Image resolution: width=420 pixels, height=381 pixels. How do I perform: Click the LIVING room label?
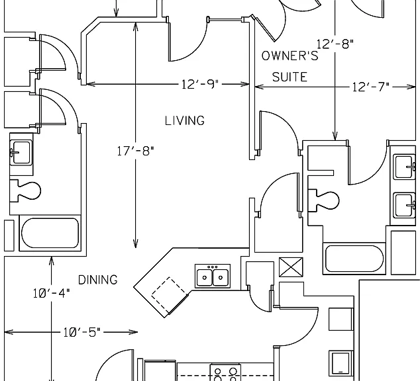tap(185, 120)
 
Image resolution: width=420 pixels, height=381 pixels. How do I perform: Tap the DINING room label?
tap(98, 280)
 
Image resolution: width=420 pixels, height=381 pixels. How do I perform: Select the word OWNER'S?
tap(289, 56)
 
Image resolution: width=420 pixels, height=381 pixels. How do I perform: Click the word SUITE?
tap(289, 77)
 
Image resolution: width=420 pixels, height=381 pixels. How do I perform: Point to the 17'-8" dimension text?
tap(136, 151)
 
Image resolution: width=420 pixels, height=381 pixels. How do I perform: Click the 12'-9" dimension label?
tap(200, 84)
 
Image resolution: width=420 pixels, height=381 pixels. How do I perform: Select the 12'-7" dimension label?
tap(370, 87)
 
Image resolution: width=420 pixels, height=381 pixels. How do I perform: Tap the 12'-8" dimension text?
tap(335, 44)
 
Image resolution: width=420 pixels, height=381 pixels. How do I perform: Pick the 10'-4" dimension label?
tap(52, 293)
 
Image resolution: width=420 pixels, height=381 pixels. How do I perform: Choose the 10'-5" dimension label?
tap(82, 332)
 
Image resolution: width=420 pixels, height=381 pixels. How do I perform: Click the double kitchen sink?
tap(213, 276)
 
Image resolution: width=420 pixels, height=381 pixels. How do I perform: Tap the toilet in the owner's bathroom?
tap(323, 200)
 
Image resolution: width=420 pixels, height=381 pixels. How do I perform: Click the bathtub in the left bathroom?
tap(50, 233)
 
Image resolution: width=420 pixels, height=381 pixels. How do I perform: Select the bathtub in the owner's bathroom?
tap(354, 259)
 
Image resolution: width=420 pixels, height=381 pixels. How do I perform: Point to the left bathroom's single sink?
tap(21, 153)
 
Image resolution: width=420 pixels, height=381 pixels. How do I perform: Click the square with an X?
tap(291, 267)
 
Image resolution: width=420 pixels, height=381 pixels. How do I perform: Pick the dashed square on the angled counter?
tap(169, 295)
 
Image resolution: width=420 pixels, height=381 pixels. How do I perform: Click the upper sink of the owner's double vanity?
tap(404, 167)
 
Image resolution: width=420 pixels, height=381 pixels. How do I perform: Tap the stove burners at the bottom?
tap(225, 372)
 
